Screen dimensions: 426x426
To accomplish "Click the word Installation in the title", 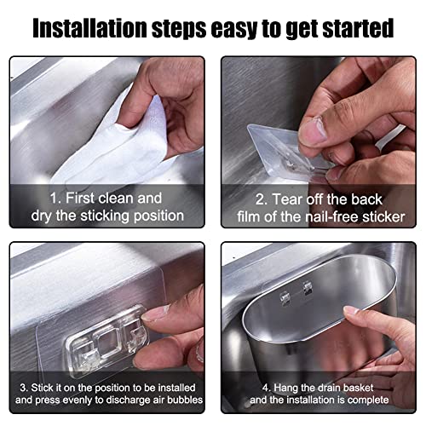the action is point(89,28).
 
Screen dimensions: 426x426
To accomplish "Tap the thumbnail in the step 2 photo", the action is point(313,131).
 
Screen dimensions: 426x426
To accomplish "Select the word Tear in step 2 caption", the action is point(287,199).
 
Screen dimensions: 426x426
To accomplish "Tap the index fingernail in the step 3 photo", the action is point(154,314).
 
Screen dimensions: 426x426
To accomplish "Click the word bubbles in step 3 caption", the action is point(185,400).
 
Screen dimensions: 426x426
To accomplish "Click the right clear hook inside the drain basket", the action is point(307,287).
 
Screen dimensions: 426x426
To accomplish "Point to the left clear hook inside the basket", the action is point(285,298).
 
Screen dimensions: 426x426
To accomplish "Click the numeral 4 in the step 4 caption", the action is point(265,388).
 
